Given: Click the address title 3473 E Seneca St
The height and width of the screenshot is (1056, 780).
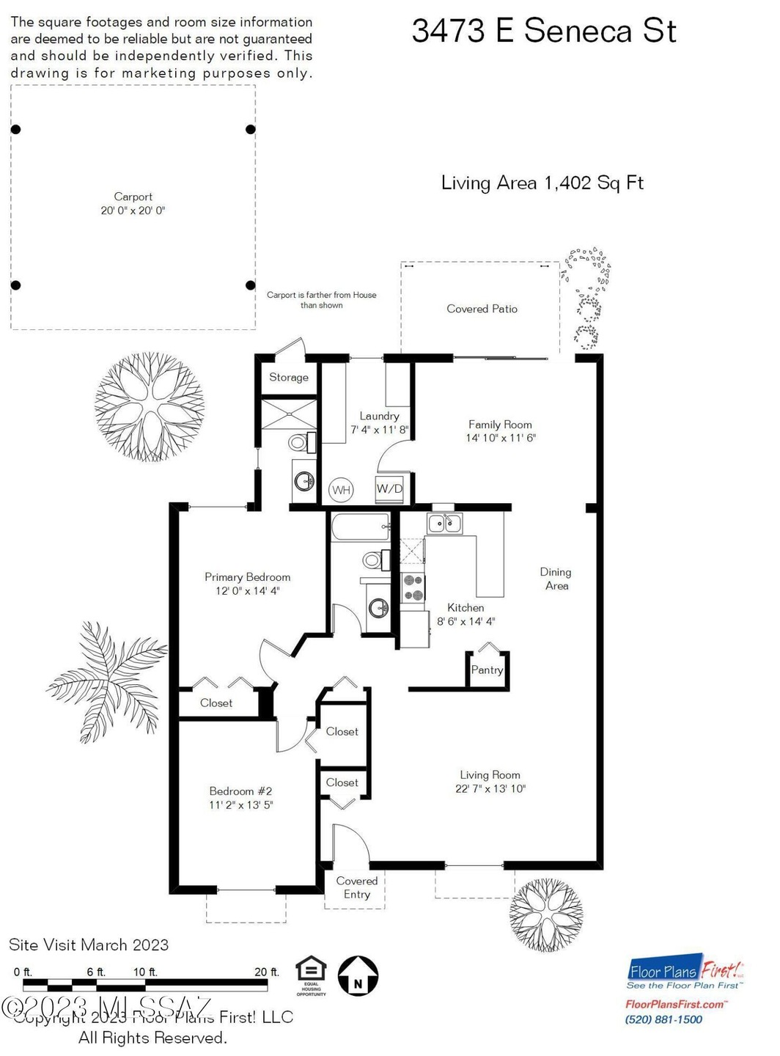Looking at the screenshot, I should coord(543,32).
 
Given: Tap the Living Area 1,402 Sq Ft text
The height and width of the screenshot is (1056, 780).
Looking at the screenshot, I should coord(542,183).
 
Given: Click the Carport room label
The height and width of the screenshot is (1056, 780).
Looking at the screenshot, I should coord(133,197).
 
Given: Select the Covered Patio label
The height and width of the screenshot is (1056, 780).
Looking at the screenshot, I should coord(482,309).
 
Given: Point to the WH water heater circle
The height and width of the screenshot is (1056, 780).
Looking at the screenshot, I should coord(341,490).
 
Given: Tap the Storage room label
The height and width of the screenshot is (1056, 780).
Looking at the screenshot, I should coord(288,377).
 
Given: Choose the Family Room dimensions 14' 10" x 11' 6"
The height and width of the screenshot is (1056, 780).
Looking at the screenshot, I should coord(501,438).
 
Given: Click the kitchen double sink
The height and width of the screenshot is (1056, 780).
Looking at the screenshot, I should coord(444,523).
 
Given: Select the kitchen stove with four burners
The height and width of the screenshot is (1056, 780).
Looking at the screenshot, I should coord(413,587).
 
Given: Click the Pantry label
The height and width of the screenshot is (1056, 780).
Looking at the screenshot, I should coord(487,670).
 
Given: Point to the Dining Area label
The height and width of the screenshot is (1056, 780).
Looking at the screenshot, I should coord(556,579).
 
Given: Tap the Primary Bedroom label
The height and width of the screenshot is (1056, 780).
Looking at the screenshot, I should coord(247,577).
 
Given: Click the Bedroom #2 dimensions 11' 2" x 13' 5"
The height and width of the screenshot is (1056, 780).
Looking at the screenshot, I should coord(240,804).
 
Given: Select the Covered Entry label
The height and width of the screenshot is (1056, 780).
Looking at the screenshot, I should coord(356,887).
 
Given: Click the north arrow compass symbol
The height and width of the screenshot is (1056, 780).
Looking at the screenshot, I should coord(358,976).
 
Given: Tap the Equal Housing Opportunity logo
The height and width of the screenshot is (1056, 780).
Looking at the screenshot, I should coord(311,975).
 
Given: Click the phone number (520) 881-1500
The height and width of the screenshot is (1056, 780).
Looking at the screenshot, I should coord(663,1019).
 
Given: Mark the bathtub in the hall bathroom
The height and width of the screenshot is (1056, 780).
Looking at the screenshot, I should coord(360,527).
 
